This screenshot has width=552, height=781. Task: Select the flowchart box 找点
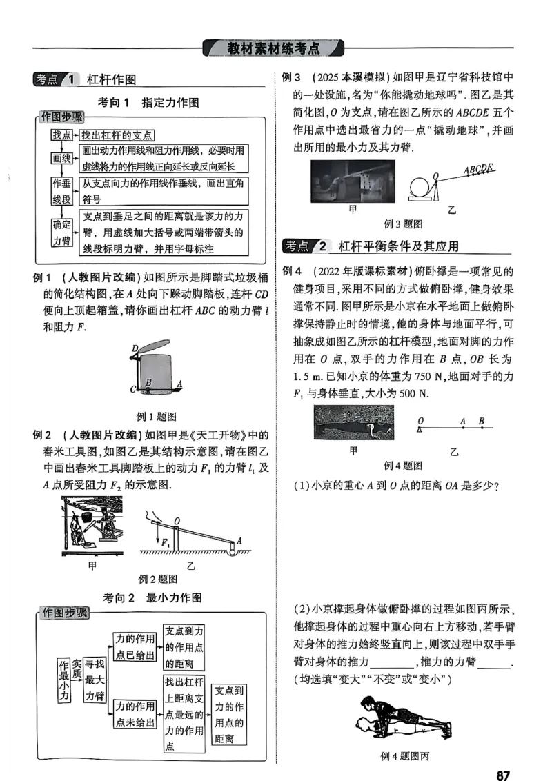click(61, 136)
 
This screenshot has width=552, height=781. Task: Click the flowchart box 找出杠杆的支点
click(117, 136)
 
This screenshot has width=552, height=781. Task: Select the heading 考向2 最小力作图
click(152, 597)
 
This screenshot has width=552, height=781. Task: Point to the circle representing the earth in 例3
click(419, 188)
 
